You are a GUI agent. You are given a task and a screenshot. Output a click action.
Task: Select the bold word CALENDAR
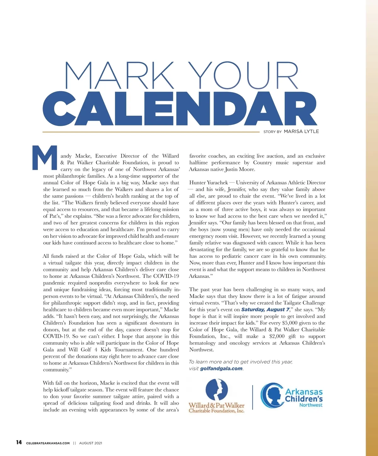pos(180,109)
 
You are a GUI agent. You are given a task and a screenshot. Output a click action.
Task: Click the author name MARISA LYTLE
pos(301,131)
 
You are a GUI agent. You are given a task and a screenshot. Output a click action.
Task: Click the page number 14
pos(19,442)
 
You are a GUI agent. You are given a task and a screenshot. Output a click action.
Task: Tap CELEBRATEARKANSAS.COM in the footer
pos(48,443)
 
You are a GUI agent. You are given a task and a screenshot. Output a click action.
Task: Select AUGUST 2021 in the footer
pos(90,443)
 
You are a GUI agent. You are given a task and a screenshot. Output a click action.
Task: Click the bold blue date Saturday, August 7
pos(265,309)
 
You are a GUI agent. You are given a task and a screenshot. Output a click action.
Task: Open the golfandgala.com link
pos(221,369)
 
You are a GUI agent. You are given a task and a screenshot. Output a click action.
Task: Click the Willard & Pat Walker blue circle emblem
pos(216,390)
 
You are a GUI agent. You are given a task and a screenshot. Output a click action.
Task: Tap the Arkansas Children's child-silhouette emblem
pos(271,395)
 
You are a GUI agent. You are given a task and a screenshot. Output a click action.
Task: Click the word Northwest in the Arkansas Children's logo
pos(311,405)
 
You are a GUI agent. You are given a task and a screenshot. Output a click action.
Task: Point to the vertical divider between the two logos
pos(253,397)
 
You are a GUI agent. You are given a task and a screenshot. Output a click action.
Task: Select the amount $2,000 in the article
pos(277,336)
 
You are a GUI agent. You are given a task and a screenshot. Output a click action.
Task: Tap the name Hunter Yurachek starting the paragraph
pos(208,183)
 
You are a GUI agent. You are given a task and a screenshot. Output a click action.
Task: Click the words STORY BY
pos(272,132)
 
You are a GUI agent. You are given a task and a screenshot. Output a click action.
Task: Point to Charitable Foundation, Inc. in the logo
pos(216,411)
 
